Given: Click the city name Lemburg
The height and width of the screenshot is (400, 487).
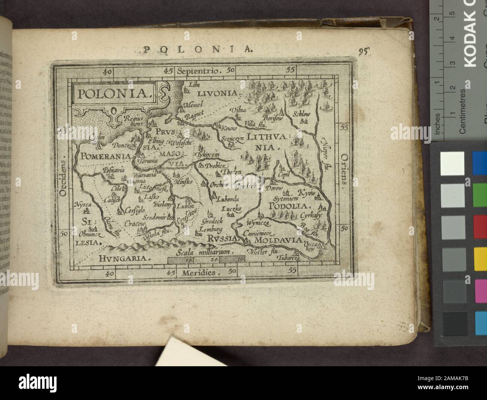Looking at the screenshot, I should click(211, 229).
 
